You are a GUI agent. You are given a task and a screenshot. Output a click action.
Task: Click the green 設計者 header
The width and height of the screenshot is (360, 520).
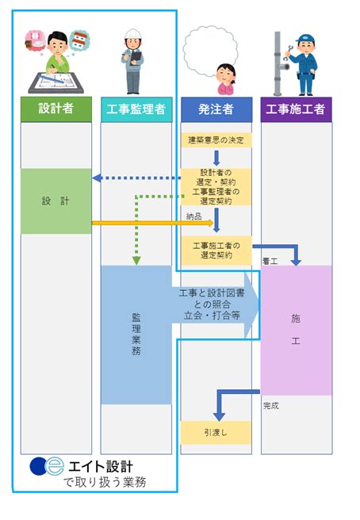point(56,109)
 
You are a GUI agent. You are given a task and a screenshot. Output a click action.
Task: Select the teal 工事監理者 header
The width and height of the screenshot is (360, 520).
point(136,109)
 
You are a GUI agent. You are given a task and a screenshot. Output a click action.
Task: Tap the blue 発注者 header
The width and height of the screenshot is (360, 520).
point(216,109)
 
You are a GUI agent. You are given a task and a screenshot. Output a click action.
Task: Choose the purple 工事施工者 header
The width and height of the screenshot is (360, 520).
point(297,109)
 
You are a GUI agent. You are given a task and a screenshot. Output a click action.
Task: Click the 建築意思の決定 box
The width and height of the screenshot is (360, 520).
point(216,140)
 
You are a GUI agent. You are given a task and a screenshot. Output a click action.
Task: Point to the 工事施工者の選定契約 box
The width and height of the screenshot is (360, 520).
point(216,250)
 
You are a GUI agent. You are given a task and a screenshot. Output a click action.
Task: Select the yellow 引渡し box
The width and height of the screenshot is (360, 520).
point(216,433)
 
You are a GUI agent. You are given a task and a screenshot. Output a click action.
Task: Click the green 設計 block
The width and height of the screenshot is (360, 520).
point(56,201)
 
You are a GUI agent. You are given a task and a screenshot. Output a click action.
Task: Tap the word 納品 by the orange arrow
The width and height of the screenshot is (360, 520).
point(193,216)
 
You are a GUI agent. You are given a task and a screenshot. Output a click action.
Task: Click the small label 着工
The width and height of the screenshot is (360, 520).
point(270,262)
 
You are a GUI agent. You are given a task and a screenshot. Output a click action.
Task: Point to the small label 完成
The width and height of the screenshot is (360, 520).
point(270,406)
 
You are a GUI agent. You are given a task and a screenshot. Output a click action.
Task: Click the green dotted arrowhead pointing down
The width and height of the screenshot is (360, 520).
point(136,261)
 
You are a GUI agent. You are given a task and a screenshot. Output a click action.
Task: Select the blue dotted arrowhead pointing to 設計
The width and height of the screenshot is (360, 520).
point(97,178)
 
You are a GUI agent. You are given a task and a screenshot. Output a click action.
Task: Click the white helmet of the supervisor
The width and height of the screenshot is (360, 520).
point(133,34)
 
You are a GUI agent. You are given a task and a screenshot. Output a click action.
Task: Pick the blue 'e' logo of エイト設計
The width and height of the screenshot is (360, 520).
point(54,466)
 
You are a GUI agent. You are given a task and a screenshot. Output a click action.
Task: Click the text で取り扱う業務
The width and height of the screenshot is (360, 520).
point(105,482)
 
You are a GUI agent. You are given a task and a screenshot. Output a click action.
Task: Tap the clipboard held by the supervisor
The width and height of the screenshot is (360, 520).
point(136,57)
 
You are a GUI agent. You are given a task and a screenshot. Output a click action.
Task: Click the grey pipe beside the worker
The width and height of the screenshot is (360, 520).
point(278,63)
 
